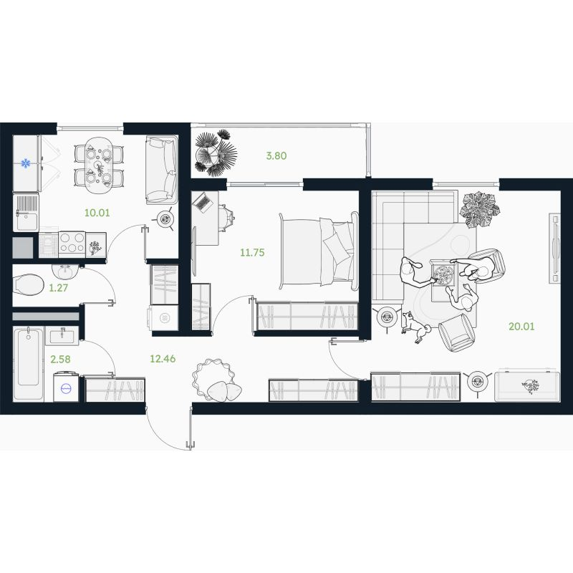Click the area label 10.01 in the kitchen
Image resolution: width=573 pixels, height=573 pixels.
(x=97, y=213)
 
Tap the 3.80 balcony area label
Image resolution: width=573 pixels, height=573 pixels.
(x=276, y=155)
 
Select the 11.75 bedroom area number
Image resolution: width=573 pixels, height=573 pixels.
(x=252, y=253)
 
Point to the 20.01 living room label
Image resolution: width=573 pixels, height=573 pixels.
(x=521, y=327)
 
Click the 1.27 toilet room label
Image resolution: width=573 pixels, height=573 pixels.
(x=59, y=288)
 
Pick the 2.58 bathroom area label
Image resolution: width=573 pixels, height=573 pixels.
(x=61, y=360)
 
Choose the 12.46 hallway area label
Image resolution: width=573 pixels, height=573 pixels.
(x=163, y=359)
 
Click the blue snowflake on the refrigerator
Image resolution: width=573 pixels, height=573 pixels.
(x=26, y=163)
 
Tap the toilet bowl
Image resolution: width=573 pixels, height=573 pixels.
(x=28, y=285)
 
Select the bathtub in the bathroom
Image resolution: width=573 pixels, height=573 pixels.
(x=28, y=364)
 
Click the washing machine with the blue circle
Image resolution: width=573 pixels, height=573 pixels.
(x=66, y=387)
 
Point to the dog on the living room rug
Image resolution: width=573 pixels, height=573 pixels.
(x=416, y=327)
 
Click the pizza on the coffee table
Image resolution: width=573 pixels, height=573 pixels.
(x=443, y=274)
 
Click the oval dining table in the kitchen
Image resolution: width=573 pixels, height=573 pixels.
(x=99, y=166)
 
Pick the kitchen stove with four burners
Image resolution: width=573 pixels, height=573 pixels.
(x=72, y=243)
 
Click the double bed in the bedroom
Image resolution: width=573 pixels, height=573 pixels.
(x=319, y=251)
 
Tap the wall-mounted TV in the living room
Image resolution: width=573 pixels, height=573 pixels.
(x=554, y=248)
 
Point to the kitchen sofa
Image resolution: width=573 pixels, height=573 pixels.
(x=162, y=170)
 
